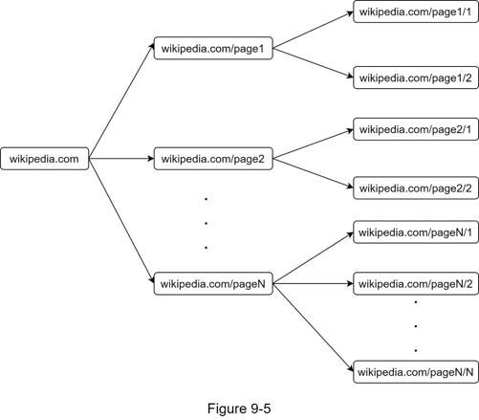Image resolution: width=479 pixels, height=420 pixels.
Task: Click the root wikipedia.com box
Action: pyautogui.click(x=45, y=159)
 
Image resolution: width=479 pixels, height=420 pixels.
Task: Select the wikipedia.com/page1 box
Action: pyautogui.click(x=213, y=48)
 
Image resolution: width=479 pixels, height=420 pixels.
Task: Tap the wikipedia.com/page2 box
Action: pyautogui.click(x=213, y=159)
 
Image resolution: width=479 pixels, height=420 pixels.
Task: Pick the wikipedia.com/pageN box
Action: pyautogui.click(x=213, y=283)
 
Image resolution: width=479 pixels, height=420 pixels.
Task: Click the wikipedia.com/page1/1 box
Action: pyautogui.click(x=416, y=11)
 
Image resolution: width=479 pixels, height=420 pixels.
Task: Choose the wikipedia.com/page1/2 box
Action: pyautogui.click(x=416, y=77)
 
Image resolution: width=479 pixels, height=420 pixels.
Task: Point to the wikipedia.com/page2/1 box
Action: pyautogui.click(x=416, y=129)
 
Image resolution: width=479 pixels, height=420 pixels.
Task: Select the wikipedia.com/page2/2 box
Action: pyautogui.click(x=416, y=188)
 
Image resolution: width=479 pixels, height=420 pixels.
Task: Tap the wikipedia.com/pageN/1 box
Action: pyautogui.click(x=416, y=232)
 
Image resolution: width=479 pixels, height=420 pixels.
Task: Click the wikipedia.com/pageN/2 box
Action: pyautogui.click(x=416, y=283)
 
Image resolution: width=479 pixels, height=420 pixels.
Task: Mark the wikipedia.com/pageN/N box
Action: pyautogui.click(x=416, y=372)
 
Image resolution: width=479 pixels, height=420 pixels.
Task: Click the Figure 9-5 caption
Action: pyautogui.click(x=239, y=409)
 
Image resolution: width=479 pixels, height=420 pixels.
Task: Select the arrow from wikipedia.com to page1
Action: pyautogui.click(x=121, y=101)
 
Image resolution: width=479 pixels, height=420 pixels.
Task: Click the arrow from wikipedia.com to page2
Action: pyautogui.click(x=121, y=159)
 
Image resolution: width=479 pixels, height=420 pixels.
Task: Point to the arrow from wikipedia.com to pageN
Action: pyautogui.click(x=121, y=221)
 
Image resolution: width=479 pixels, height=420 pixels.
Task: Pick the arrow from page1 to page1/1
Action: pyautogui.click(x=314, y=31)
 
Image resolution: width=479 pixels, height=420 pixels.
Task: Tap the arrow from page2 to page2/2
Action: pyautogui.click(x=314, y=173)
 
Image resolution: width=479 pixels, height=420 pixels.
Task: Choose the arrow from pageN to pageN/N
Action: pyautogui.click(x=314, y=327)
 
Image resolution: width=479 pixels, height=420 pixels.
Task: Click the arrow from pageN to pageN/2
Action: pyautogui.click(x=314, y=283)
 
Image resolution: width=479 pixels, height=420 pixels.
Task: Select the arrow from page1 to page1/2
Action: pyautogui.click(x=314, y=63)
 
